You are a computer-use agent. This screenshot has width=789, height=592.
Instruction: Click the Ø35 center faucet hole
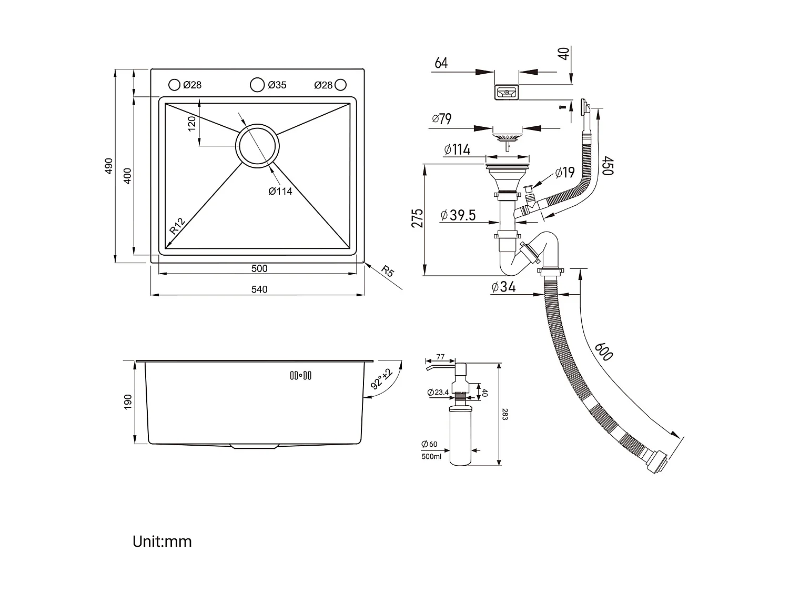(x=257, y=84)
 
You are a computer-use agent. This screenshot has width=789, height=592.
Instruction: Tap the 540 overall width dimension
(x=259, y=289)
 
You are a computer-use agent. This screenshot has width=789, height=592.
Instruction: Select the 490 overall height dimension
(x=109, y=166)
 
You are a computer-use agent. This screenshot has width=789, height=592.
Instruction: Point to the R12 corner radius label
(x=177, y=226)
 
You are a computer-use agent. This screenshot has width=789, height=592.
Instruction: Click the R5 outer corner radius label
(x=387, y=272)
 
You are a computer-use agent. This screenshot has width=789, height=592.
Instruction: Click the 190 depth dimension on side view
(x=128, y=402)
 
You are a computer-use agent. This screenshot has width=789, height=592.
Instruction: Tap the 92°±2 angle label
(x=382, y=378)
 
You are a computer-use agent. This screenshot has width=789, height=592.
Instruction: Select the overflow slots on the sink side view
(x=301, y=375)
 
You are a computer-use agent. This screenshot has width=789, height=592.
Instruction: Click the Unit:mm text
(x=162, y=541)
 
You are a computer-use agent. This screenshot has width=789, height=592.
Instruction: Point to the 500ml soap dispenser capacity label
(x=431, y=457)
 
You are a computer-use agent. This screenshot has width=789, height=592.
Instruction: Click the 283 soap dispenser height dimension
(x=505, y=414)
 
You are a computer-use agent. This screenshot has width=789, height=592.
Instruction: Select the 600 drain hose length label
(x=604, y=351)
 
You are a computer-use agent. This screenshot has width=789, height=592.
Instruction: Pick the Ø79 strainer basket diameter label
(x=442, y=119)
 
